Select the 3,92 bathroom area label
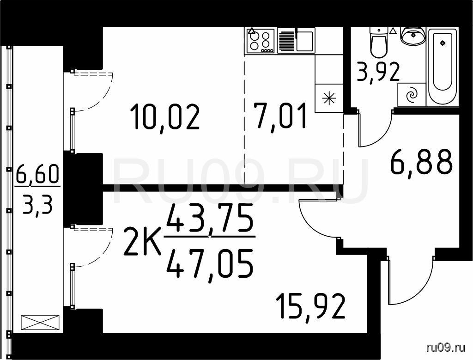[378, 72]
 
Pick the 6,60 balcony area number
[38, 175]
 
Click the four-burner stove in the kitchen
[261, 41]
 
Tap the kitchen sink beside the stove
[296, 41]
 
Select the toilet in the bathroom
[379, 42]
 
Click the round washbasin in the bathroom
[412, 36]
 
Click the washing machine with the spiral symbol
[412, 95]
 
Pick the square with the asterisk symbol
[329, 98]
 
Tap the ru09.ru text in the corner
[446, 348]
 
